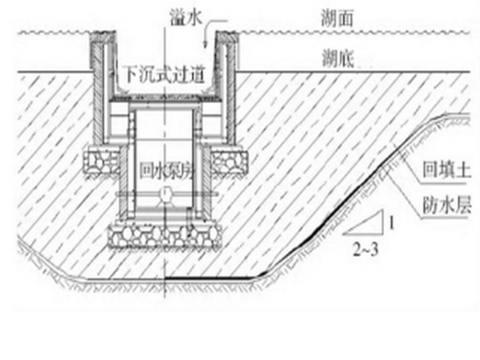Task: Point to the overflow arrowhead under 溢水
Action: tap(204, 44)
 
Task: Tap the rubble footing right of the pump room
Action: tap(227, 160)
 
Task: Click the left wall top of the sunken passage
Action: tap(101, 34)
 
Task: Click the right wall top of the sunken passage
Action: tap(228, 34)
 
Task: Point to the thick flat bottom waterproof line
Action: tap(208, 278)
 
